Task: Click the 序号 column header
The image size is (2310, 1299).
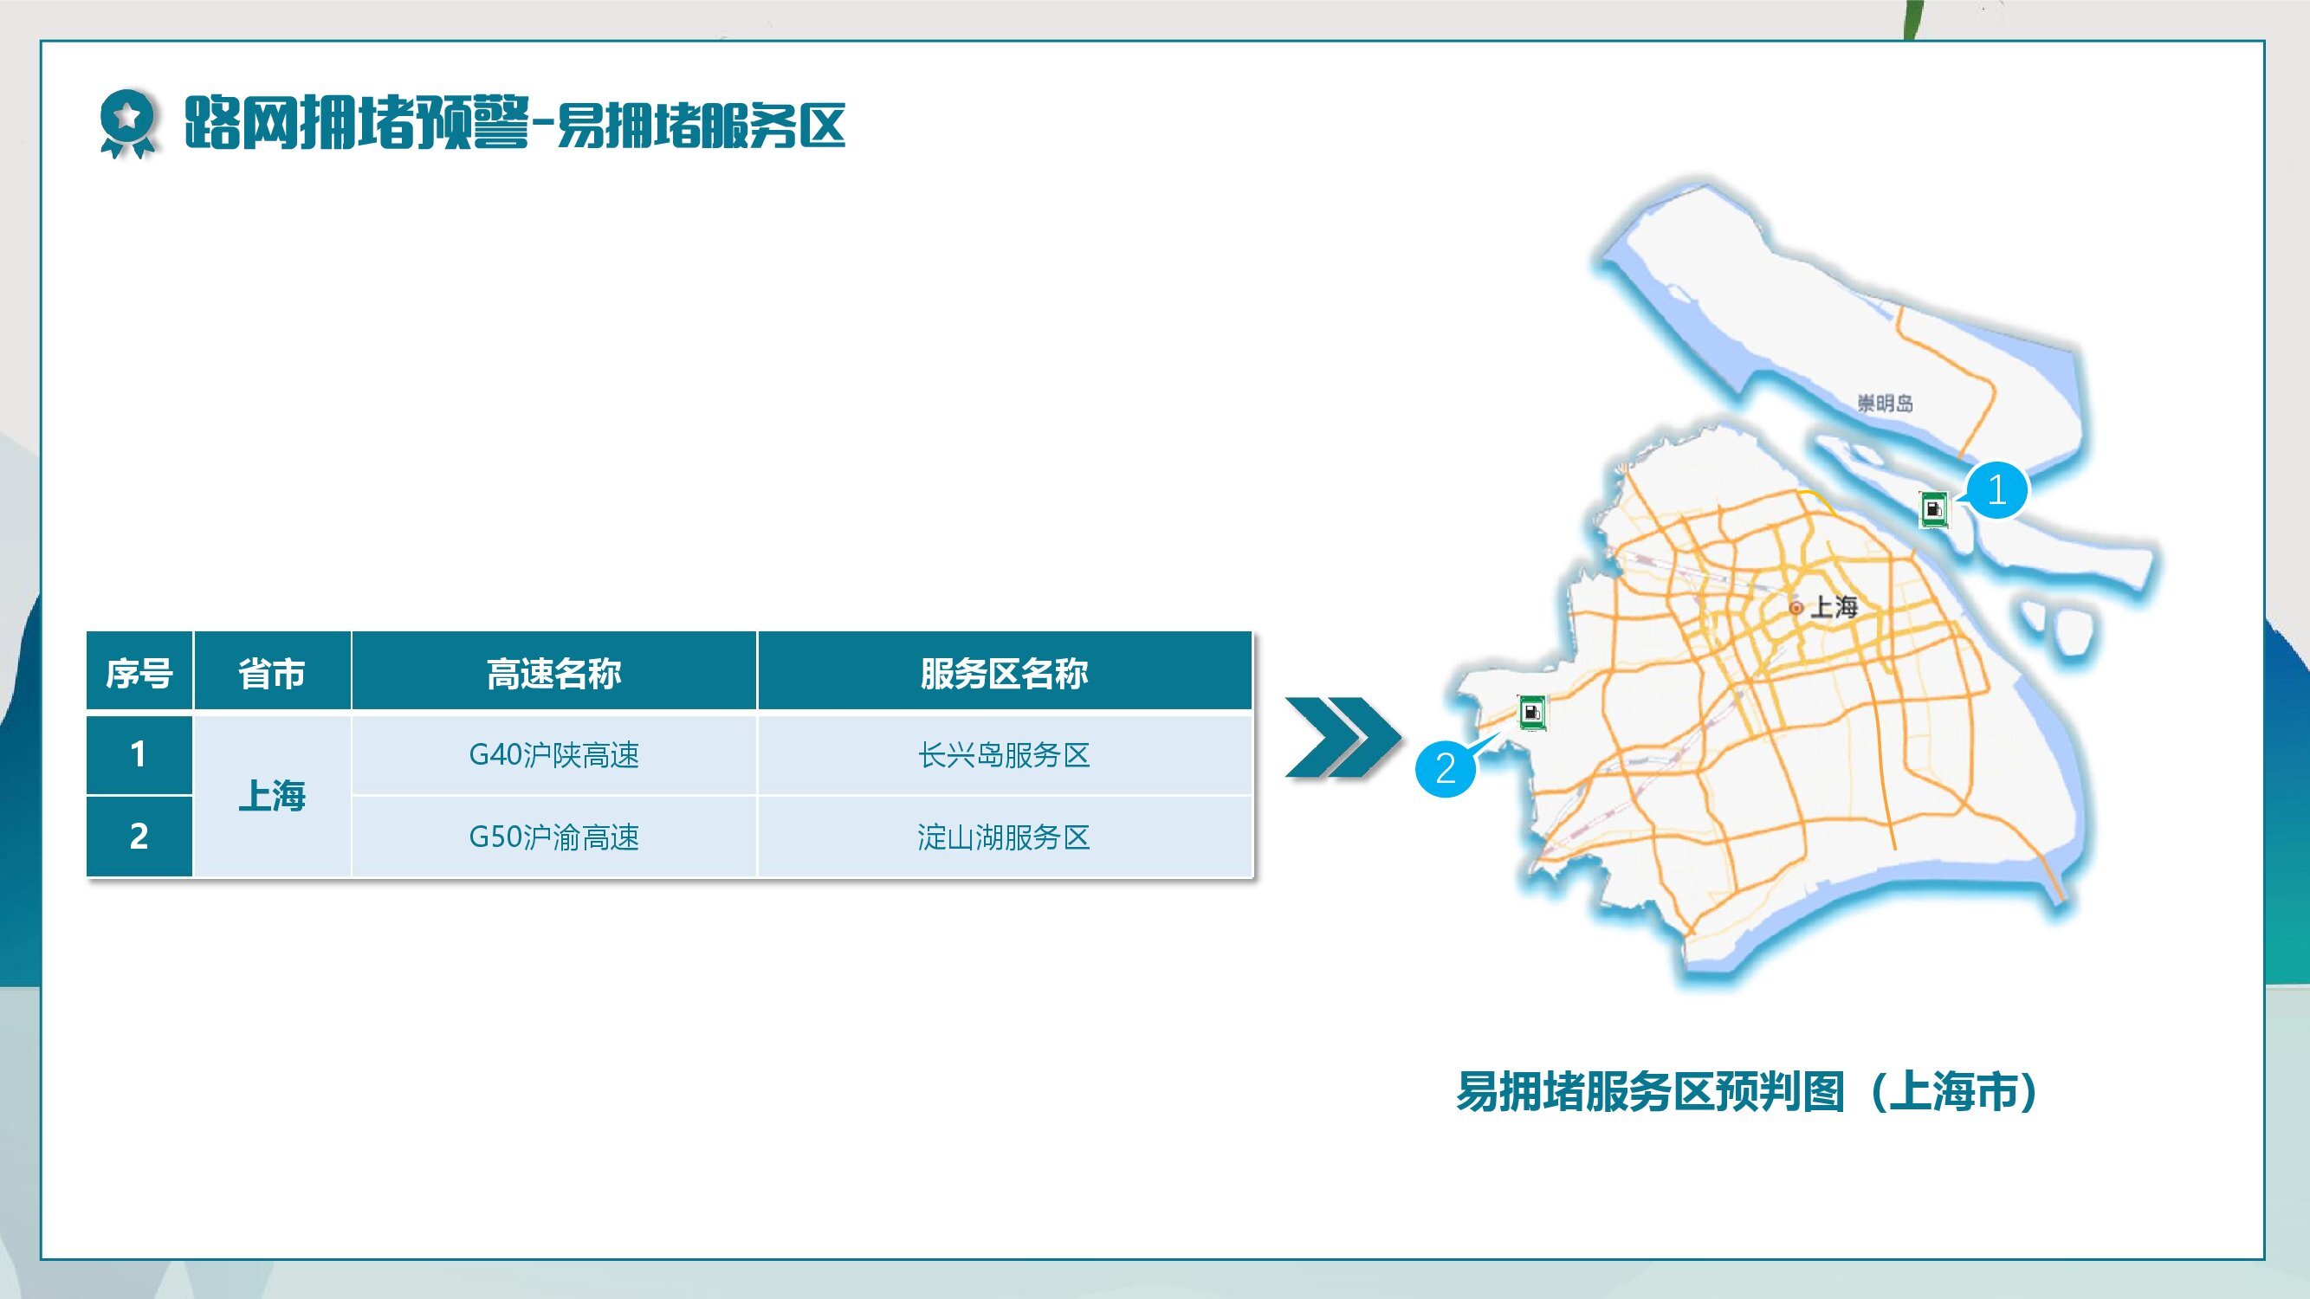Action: coord(139,672)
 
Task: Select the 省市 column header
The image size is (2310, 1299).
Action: coord(272,672)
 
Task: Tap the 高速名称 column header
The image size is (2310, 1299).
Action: coord(554,672)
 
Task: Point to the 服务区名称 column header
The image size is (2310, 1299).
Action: coord(1005,672)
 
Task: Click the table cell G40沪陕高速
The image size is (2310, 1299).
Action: coord(554,755)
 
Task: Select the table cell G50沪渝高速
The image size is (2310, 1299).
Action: coord(554,837)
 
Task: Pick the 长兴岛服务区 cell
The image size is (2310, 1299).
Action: coord(1005,755)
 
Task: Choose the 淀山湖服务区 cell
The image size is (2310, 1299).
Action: coord(1005,837)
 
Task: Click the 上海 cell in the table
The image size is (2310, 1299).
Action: coord(272,795)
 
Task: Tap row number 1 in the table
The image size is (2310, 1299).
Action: coord(139,754)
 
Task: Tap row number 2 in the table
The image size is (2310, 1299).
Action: coord(139,837)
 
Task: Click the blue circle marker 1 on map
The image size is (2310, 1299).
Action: coord(1996,490)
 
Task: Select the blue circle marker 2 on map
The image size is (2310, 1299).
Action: coord(1446,768)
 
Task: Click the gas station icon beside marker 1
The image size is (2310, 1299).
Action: coord(1933,509)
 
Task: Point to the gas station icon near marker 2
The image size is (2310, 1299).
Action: coord(1532,713)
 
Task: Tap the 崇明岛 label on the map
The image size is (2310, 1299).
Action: coord(1885,404)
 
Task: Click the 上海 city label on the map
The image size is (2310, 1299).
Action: coord(1834,607)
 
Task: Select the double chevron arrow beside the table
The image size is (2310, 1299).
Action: coord(1343,737)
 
